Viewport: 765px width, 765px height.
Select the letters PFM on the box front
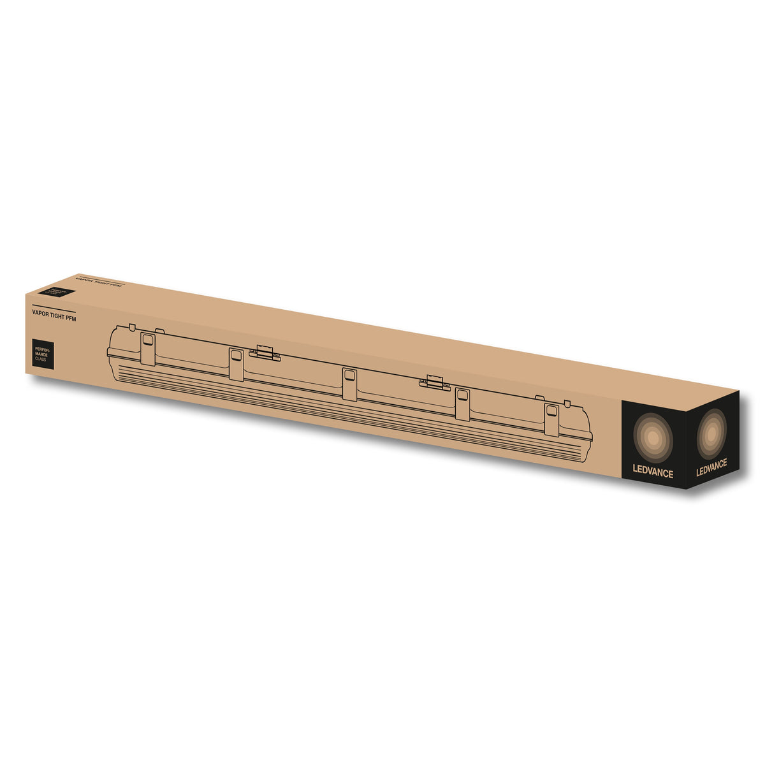[70, 318]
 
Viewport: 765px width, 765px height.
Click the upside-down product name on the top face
[98, 281]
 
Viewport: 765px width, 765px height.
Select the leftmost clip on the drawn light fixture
[148, 348]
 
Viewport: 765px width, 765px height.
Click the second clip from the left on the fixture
[237, 364]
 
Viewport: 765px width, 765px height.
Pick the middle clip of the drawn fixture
[349, 384]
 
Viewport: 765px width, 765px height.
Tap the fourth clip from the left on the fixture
[462, 404]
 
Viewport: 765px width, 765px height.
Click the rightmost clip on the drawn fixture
[551, 420]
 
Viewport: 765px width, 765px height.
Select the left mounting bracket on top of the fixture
[265, 353]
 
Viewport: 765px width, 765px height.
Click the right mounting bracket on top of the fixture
[434, 382]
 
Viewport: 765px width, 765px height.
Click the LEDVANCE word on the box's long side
[652, 473]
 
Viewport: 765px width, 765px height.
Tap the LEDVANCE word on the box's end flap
[711, 465]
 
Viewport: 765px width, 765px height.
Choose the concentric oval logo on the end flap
[711, 433]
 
